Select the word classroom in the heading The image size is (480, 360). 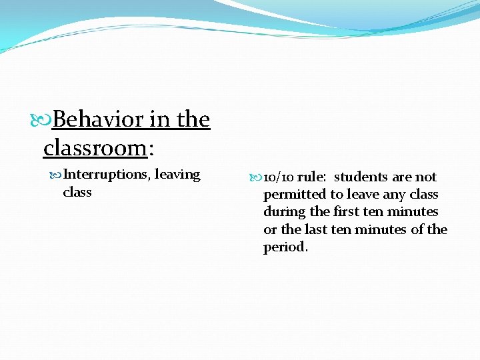[x=94, y=147]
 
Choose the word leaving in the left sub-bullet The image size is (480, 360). [x=177, y=175]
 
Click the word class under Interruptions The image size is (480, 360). [x=77, y=192]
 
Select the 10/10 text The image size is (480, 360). [x=278, y=177]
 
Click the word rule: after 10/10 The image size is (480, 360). [x=311, y=177]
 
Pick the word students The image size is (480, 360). [x=361, y=177]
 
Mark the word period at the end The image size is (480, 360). [x=284, y=247]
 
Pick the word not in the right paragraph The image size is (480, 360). [x=426, y=177]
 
